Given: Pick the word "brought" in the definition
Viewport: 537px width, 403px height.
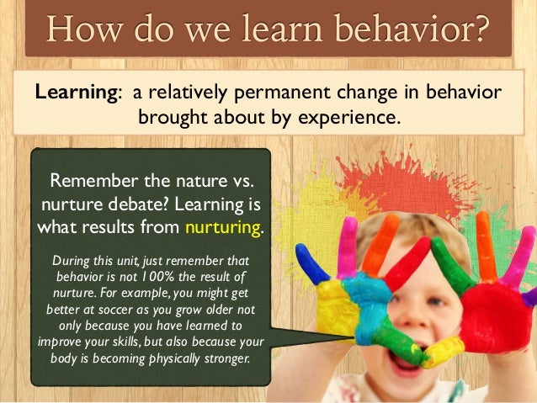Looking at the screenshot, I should pyautogui.click(x=174, y=117).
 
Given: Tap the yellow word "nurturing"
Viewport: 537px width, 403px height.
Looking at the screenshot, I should pyautogui.click(x=224, y=227).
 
